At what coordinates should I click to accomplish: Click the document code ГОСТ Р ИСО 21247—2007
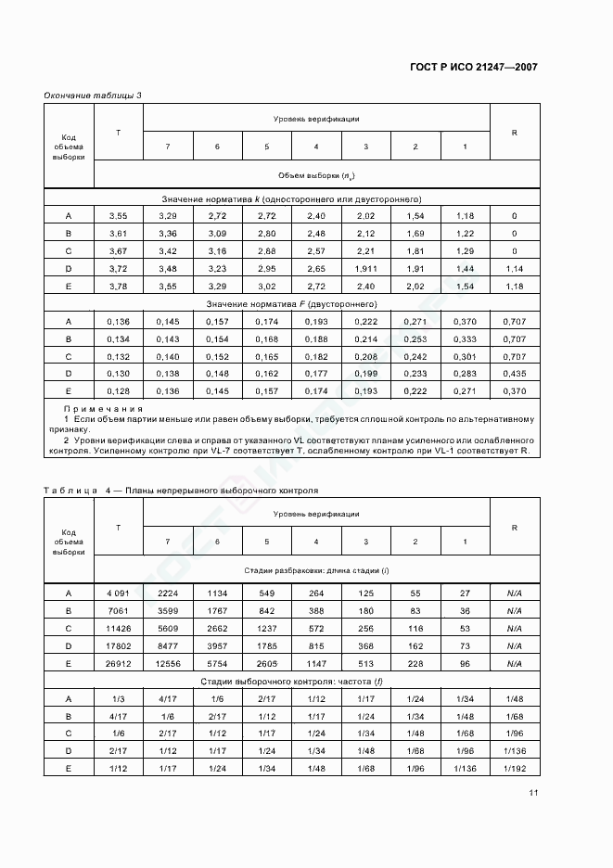pyautogui.click(x=473, y=67)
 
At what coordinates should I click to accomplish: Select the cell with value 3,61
pyautogui.click(x=118, y=233)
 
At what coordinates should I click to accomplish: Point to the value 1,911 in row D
pyautogui.click(x=365, y=267)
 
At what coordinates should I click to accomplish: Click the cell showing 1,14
pyautogui.click(x=515, y=267)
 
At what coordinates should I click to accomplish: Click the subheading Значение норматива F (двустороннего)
pyautogui.click(x=291, y=303)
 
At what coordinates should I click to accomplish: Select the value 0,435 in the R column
pyautogui.click(x=515, y=373)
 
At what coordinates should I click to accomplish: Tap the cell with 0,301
pyautogui.click(x=465, y=355)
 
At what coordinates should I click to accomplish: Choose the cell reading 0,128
pyautogui.click(x=118, y=390)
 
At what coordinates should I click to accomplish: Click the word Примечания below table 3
pyautogui.click(x=103, y=409)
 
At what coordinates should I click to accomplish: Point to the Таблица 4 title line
pyautogui.click(x=181, y=489)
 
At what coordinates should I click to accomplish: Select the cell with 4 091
pyautogui.click(x=118, y=593)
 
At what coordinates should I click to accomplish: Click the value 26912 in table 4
pyautogui.click(x=118, y=663)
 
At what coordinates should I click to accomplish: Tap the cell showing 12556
pyautogui.click(x=167, y=663)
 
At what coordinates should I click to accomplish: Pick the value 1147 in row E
pyautogui.click(x=316, y=663)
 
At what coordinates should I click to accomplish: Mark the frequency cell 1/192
pyautogui.click(x=515, y=769)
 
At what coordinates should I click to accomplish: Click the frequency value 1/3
pyautogui.click(x=118, y=698)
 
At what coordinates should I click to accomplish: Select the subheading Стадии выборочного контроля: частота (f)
pyautogui.click(x=291, y=681)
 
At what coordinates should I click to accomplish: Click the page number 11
pyautogui.click(x=533, y=793)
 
